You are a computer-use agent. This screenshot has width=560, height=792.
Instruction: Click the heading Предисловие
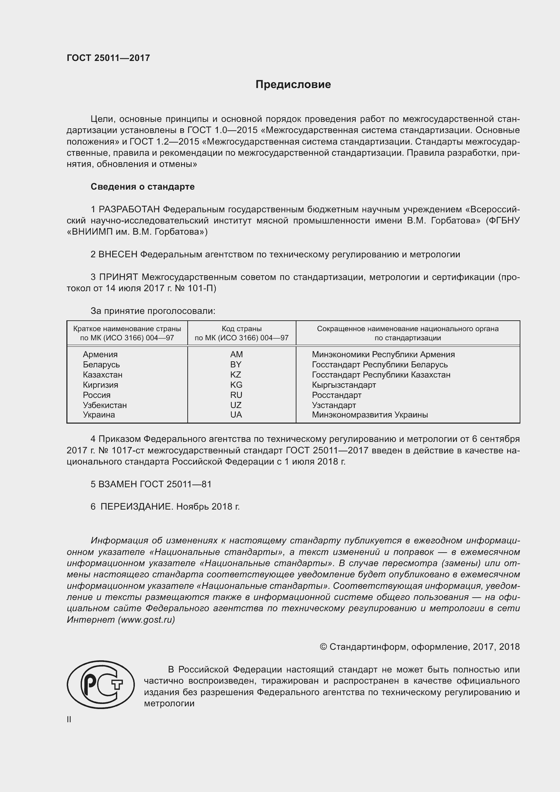coord(293,85)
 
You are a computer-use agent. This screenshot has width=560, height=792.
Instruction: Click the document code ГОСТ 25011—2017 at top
coord(108,58)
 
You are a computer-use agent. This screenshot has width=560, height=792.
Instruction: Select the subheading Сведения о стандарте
coord(143,187)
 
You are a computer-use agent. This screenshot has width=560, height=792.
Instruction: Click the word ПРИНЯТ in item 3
coord(119,277)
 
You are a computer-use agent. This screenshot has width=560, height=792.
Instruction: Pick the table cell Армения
coord(100,354)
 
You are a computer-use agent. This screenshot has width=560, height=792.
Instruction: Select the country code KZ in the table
coord(236,374)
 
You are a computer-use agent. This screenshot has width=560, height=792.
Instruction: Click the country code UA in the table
coord(236,415)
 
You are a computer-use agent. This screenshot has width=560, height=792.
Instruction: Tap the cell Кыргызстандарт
coord(344,385)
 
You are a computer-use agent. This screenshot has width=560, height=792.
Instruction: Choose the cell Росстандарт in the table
coord(336,395)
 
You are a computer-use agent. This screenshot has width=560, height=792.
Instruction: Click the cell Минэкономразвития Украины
coord(370,415)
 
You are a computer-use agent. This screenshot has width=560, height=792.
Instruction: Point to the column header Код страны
coord(242,329)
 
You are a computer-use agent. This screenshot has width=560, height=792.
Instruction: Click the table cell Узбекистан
coord(105,405)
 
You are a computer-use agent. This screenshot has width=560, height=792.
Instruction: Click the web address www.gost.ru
coord(146,620)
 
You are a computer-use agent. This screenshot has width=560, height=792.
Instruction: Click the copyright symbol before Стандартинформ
coord(323,647)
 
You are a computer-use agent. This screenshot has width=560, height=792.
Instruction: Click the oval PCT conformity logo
coord(100,685)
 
